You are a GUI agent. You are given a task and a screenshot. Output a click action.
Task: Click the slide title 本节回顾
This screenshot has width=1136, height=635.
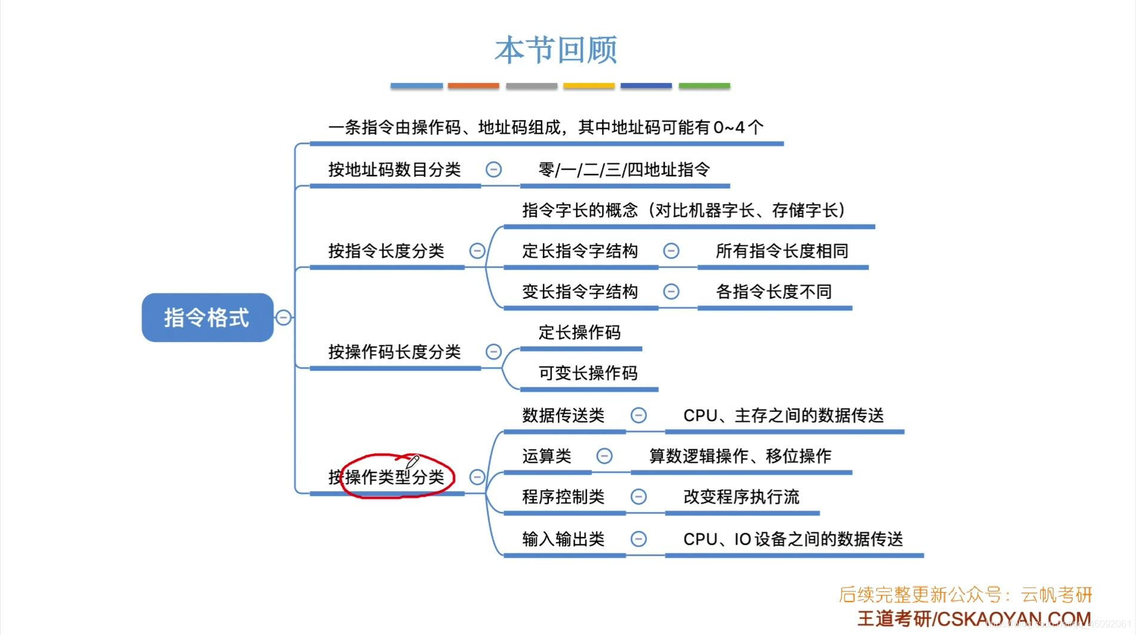[556, 50]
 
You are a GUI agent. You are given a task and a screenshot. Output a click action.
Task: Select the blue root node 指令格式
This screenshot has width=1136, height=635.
[207, 317]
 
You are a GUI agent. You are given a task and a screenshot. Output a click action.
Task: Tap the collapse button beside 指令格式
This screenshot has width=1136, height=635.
[284, 317]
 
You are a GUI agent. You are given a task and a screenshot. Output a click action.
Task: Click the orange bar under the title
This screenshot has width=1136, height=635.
[473, 86]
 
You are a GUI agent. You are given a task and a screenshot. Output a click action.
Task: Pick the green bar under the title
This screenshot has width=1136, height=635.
[704, 86]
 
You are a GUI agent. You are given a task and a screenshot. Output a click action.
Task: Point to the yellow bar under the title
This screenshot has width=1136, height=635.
[588, 86]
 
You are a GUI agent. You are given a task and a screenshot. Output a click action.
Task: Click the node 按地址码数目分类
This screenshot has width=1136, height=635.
[394, 170]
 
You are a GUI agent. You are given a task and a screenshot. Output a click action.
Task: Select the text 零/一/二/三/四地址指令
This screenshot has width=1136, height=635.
[624, 170]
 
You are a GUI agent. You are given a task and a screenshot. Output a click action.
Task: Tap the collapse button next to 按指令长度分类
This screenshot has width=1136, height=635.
[477, 251]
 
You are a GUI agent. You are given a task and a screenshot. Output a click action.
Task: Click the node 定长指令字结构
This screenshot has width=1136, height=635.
[579, 251]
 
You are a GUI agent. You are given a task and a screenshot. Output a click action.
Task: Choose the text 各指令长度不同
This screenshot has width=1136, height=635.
[773, 292]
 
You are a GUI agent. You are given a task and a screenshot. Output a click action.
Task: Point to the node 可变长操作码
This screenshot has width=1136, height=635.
[588, 373]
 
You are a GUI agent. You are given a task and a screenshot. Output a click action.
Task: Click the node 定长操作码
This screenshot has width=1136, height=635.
[579, 332]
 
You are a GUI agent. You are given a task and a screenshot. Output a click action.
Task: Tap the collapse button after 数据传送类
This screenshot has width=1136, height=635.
[638, 416]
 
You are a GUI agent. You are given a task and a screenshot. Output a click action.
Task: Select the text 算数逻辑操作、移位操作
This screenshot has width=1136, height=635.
[740, 456]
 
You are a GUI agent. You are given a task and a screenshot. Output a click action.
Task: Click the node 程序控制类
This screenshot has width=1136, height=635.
[563, 497]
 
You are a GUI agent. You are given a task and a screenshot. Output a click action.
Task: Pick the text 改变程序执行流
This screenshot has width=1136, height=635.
[741, 497]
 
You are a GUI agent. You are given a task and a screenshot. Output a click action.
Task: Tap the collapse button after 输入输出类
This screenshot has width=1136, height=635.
[638, 539]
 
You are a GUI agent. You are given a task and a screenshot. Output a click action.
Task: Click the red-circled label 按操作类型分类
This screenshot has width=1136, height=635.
[394, 477]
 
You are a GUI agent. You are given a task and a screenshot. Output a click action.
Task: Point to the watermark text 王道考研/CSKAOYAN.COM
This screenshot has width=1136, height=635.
[974, 619]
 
